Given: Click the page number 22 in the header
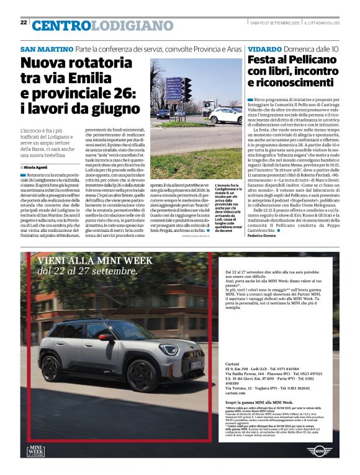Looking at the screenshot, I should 23,22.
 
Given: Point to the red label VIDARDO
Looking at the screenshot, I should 266,49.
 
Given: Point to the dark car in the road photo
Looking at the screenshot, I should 163,114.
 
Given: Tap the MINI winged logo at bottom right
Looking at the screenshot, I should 320,451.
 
